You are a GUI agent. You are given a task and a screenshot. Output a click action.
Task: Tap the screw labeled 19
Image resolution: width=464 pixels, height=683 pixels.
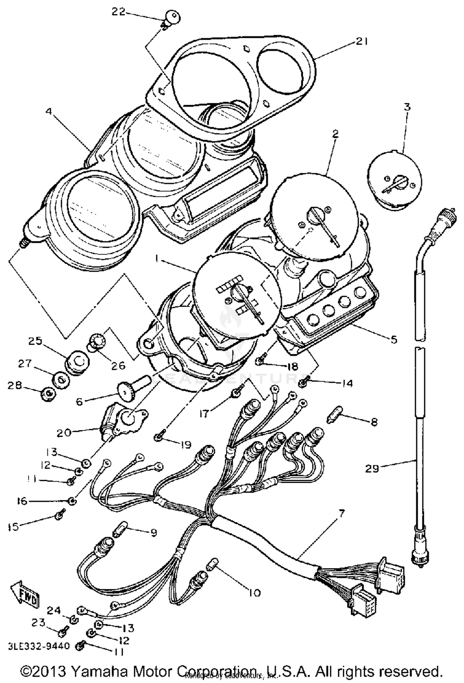click(158, 436)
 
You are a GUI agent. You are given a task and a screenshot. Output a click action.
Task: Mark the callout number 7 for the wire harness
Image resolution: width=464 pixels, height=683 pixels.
click(341, 513)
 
